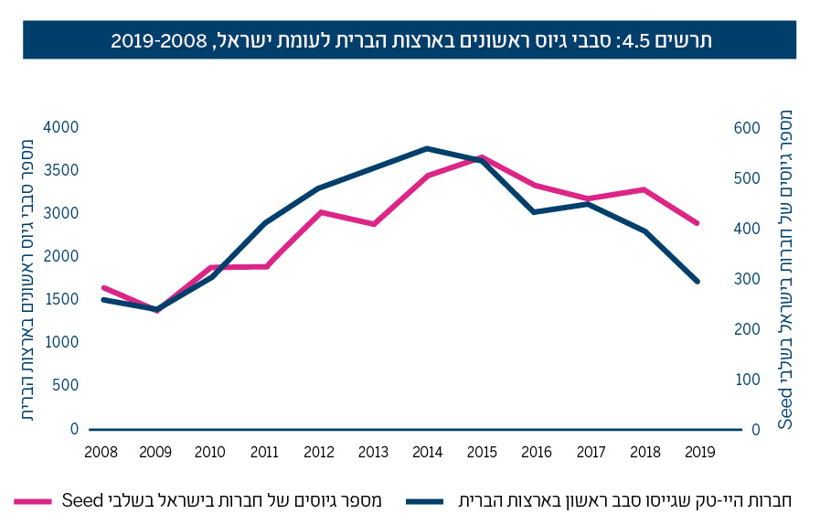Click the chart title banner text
(x=410, y=40)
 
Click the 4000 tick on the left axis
(x=61, y=127)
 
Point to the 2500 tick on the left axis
(x=61, y=256)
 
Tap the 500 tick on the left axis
(x=65, y=385)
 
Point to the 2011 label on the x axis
(x=264, y=451)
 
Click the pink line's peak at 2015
(x=481, y=157)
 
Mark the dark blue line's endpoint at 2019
(x=698, y=282)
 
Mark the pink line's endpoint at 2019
(x=698, y=223)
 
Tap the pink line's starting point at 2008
(x=102, y=287)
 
